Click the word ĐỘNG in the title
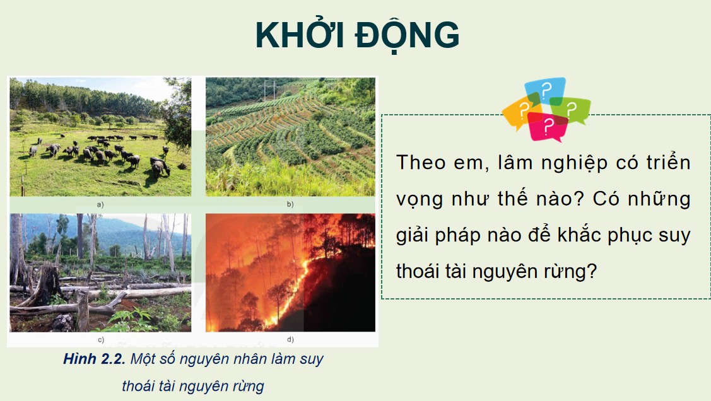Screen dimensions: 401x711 click(x=407, y=35)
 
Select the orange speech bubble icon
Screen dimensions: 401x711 click(x=520, y=113)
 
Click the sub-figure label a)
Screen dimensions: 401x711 click(x=100, y=204)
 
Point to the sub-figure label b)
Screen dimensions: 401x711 click(x=290, y=204)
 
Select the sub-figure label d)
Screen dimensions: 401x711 click(x=290, y=339)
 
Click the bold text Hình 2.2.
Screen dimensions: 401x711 click(x=94, y=359)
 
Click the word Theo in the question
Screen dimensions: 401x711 click(x=420, y=162)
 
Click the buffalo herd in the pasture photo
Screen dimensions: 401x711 click(x=101, y=151)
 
